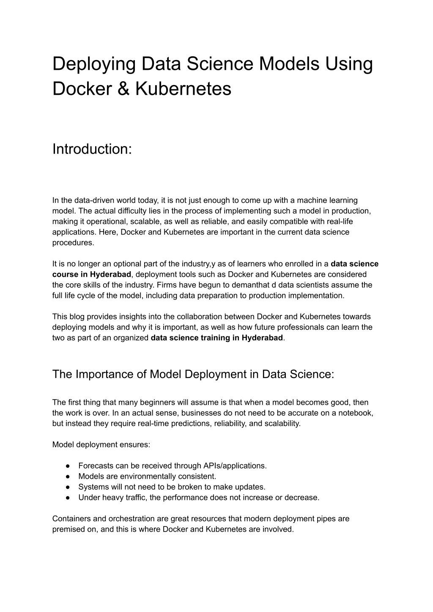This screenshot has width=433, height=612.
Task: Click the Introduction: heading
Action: (92, 149)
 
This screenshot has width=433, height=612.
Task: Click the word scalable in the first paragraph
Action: (148, 221)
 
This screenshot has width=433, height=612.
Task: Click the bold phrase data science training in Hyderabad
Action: (216, 338)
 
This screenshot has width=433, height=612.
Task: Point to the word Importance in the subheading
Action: (112, 375)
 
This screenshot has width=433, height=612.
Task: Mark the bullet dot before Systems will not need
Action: (68, 487)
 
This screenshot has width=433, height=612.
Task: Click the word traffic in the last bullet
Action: (135, 497)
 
